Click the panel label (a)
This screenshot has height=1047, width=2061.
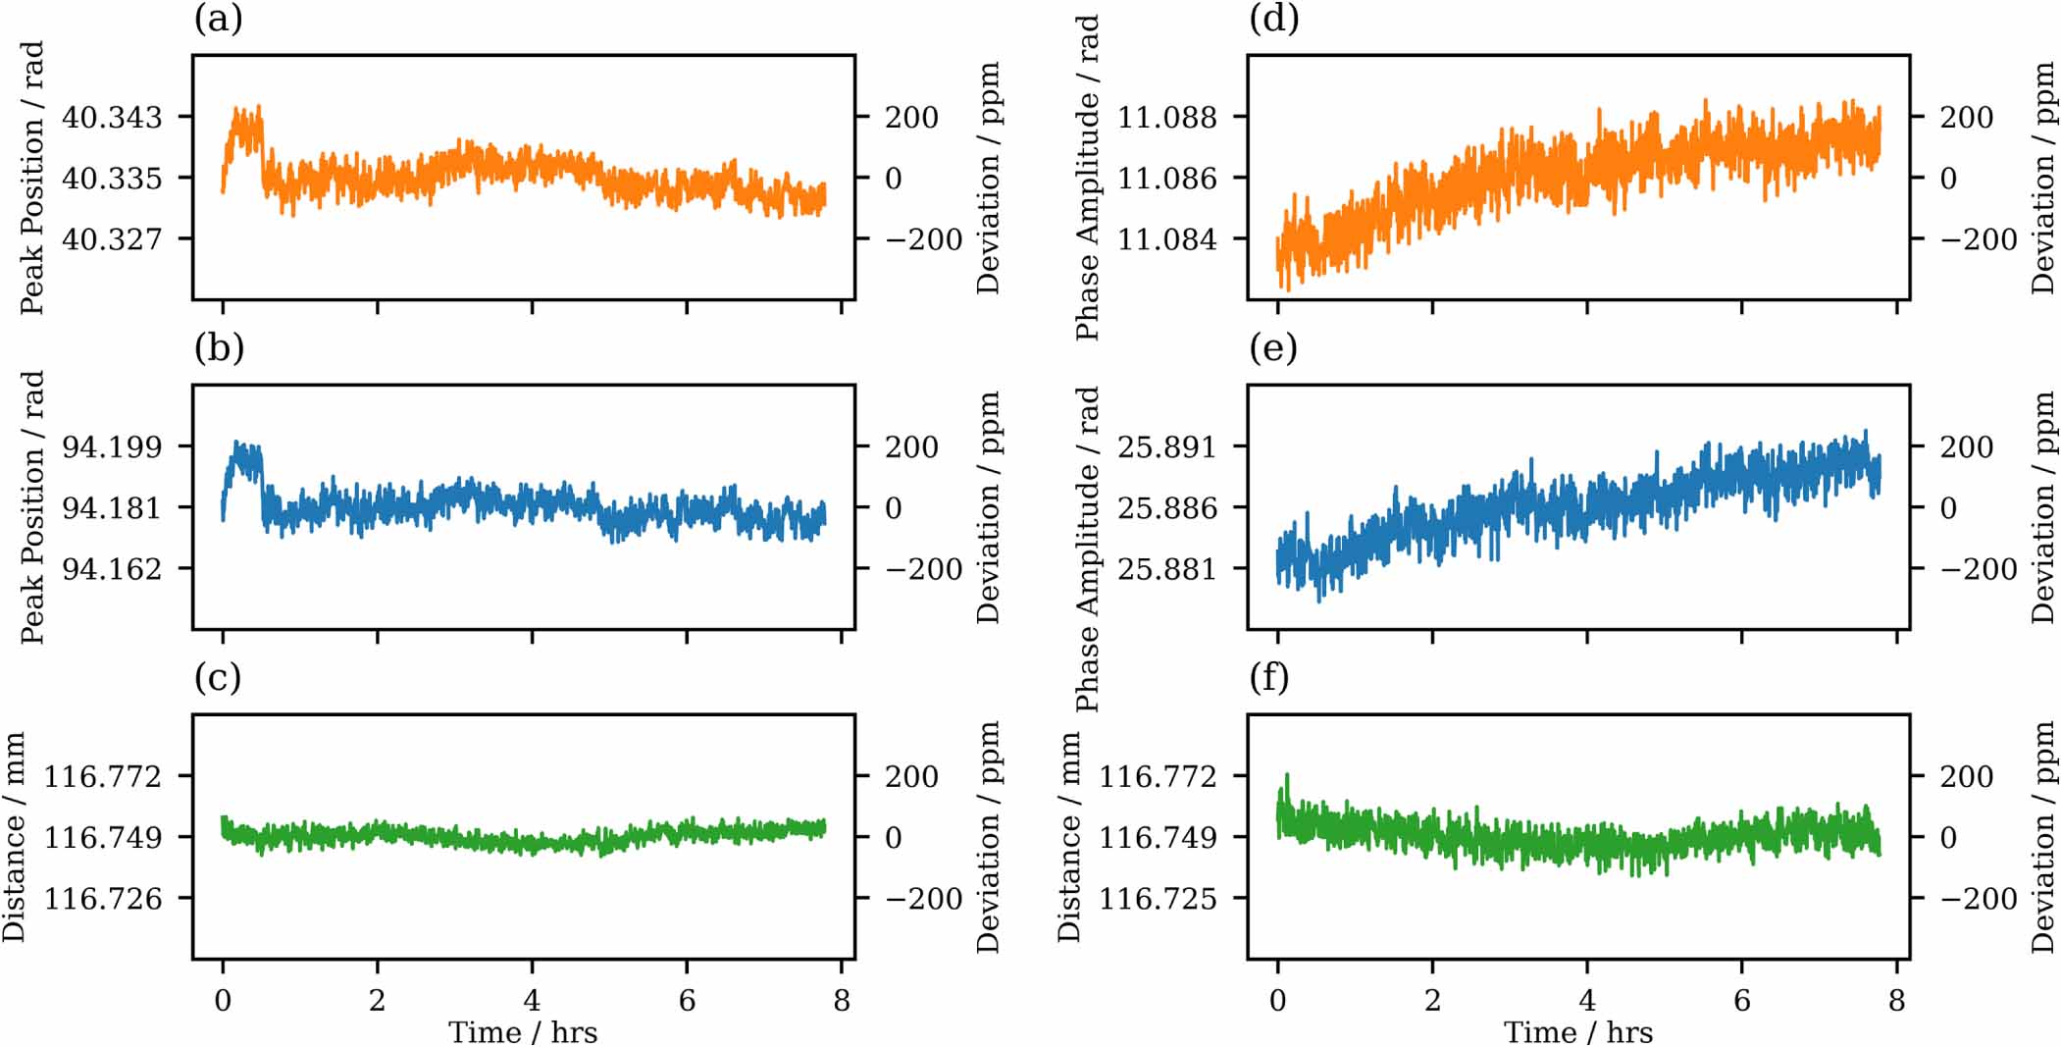[x=218, y=19]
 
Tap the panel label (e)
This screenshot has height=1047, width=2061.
[x=1273, y=347]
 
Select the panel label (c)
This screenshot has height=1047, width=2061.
[x=218, y=677]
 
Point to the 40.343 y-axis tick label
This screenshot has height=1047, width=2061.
[x=112, y=118]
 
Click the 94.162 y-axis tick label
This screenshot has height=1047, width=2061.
[x=112, y=569]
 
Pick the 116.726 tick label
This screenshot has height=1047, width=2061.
[x=103, y=899]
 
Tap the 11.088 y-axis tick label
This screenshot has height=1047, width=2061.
[x=1166, y=118]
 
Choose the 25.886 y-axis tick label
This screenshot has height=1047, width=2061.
[x=1166, y=508]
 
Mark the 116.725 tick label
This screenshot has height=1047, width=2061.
[x=1158, y=899]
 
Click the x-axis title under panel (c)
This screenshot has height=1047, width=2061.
[x=523, y=1032]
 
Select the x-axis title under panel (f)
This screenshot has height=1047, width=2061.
[x=1578, y=1032]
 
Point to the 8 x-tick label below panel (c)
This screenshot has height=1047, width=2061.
[x=841, y=1000]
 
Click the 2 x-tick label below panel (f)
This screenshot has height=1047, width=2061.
[x=1432, y=1000]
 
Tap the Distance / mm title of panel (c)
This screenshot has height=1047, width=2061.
[x=14, y=837]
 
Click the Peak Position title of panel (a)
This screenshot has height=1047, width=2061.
[x=32, y=178]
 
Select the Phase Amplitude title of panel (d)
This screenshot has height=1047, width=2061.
[x=1087, y=178]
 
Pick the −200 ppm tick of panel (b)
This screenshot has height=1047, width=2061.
[x=923, y=569]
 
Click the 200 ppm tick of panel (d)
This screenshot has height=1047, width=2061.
[x=1966, y=118]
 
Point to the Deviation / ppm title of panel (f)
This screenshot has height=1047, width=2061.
[x=2042, y=837]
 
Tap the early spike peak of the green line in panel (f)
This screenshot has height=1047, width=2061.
[x=1287, y=775]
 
